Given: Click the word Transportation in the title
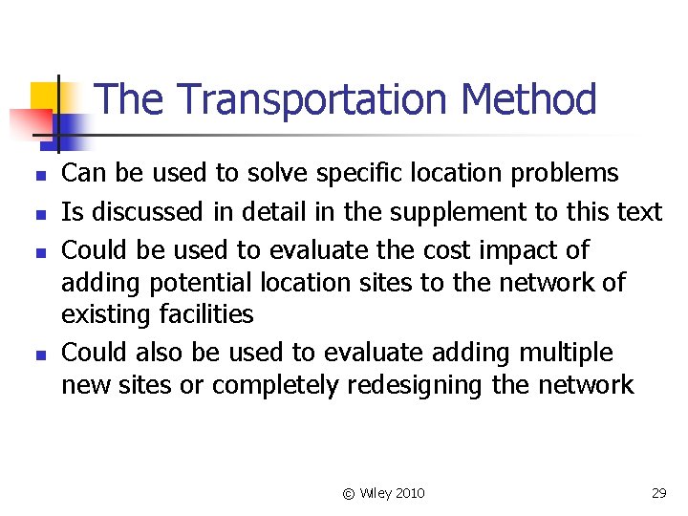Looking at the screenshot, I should pyautogui.click(x=312, y=99).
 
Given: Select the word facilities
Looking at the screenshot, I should pyautogui.click(x=204, y=314).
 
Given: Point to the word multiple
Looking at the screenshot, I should pyautogui.click(x=567, y=353).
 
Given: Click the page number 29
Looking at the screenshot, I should pyautogui.click(x=658, y=493).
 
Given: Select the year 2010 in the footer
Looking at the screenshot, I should pyautogui.click(x=409, y=493).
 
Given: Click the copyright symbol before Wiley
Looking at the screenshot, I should pyautogui.click(x=348, y=493).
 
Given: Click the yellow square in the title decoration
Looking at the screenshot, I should pyautogui.click(x=45, y=96).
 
